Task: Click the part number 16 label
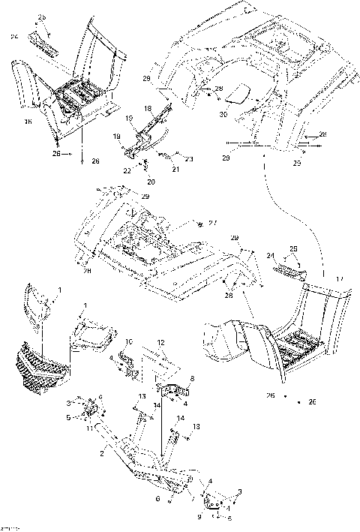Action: (28, 121)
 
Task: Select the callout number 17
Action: (340, 279)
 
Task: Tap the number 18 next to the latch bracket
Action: (147, 109)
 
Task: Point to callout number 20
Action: (151, 182)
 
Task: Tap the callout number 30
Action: (223, 115)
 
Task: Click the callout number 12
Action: (160, 342)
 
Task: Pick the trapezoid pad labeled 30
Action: (239, 94)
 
